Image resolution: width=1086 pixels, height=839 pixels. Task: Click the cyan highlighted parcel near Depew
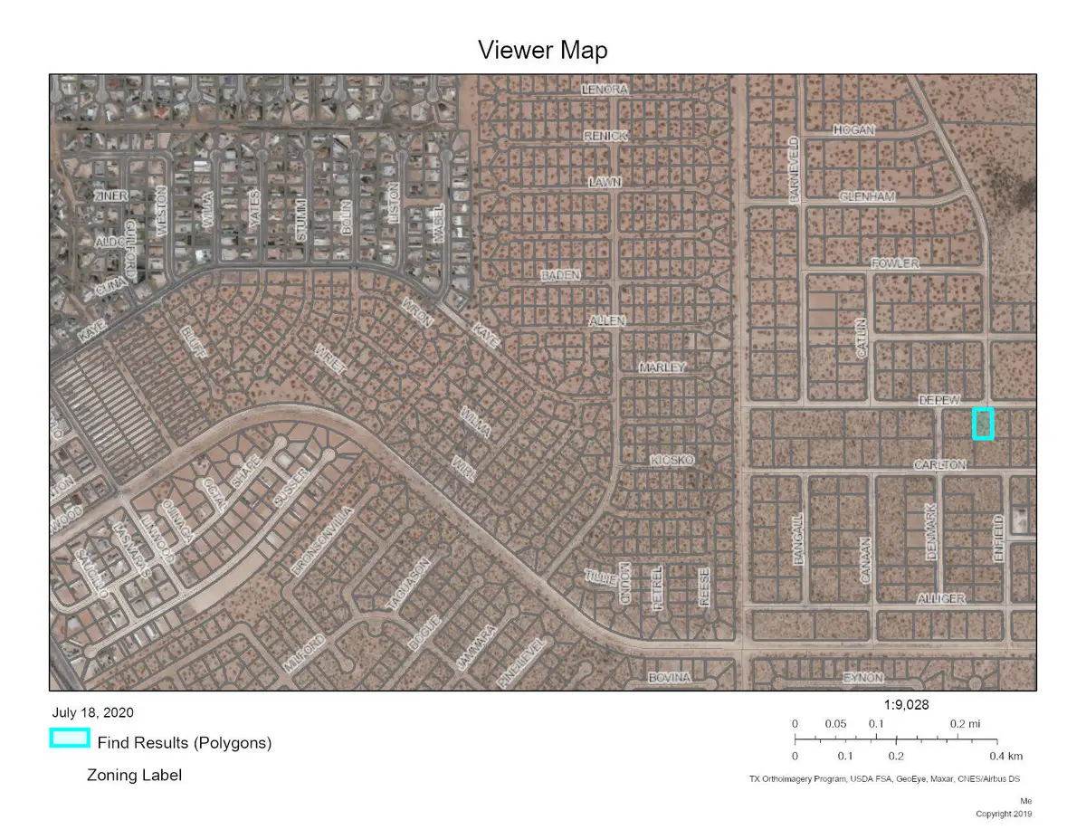coord(983,424)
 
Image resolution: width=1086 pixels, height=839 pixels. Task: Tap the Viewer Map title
coord(543,51)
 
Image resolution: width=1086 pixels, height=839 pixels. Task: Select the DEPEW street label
coord(938,399)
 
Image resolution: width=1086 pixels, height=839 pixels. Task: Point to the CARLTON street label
coord(940,464)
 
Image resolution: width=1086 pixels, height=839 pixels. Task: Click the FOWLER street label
coord(894,263)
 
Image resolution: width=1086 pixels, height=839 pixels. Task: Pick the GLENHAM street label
coord(866,196)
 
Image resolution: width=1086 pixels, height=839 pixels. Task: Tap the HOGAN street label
coord(853,130)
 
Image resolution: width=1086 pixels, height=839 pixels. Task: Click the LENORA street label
coord(605,91)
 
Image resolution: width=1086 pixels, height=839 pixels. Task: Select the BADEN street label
coord(560,274)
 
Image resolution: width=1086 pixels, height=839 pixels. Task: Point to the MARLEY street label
coord(662,367)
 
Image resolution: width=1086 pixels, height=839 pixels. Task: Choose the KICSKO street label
coord(672,461)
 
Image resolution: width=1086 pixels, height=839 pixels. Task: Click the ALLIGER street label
coord(941,598)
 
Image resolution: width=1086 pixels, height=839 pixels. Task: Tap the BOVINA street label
coord(670,677)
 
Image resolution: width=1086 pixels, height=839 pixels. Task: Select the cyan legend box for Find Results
coord(69,739)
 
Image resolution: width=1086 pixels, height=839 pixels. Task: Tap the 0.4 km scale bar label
coord(1005,756)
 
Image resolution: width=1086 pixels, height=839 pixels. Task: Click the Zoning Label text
coord(134,775)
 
